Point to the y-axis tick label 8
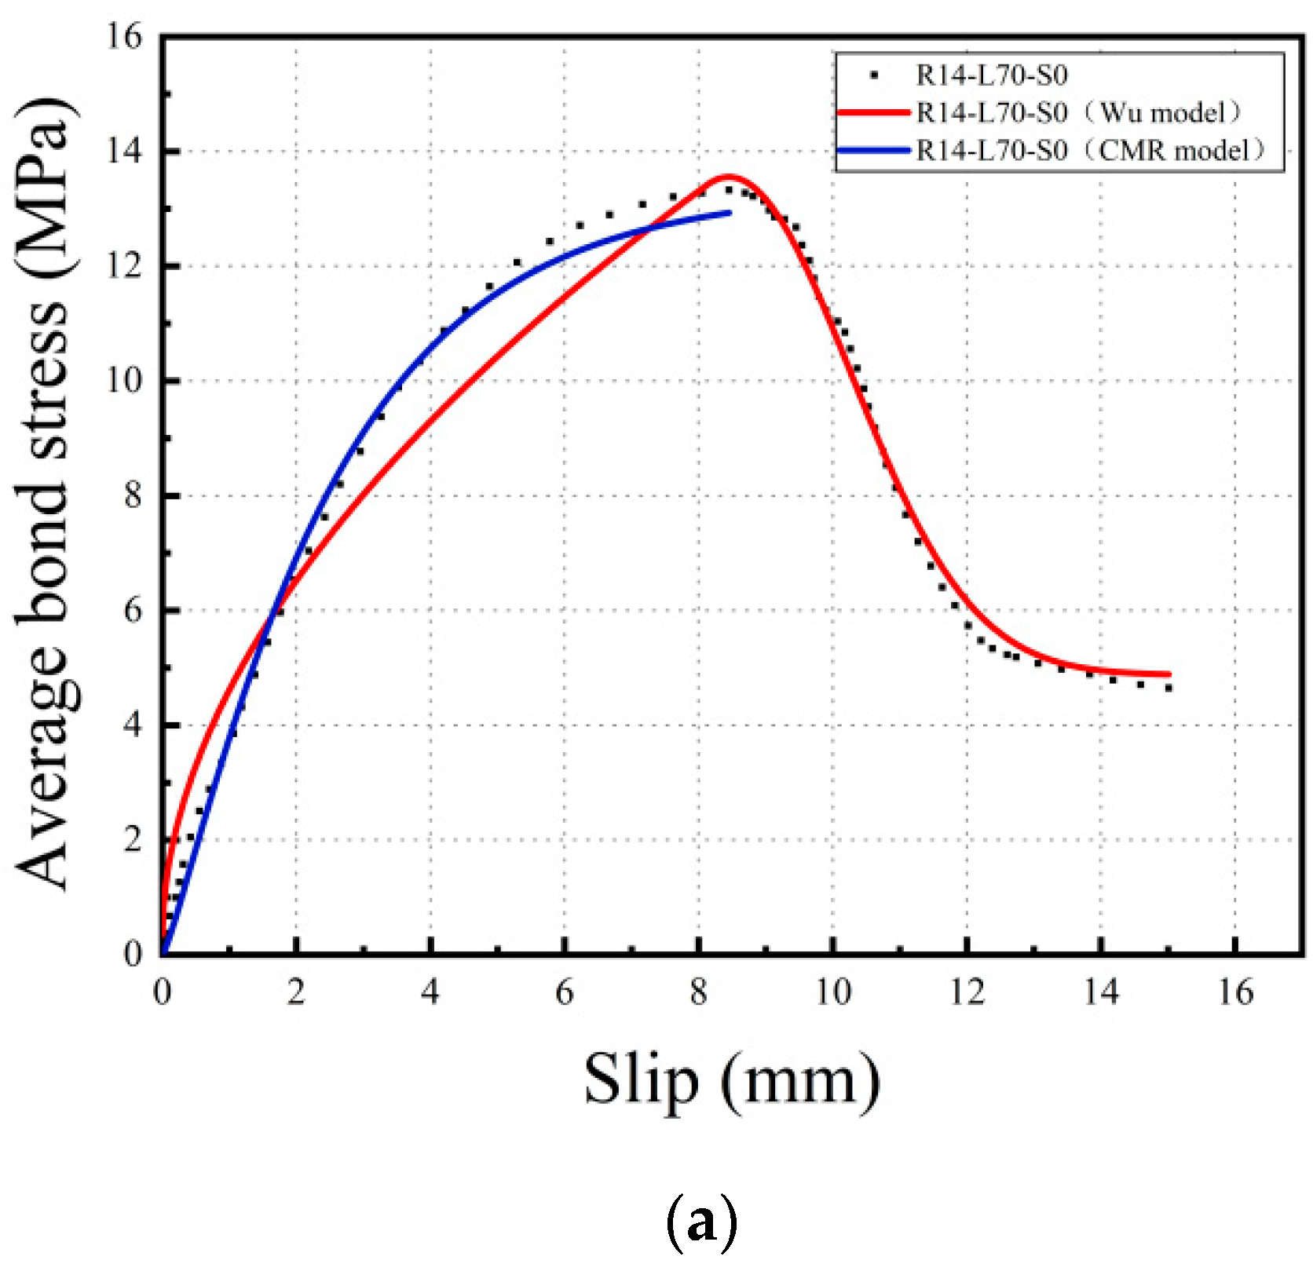tap(133, 495)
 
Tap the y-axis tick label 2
tap(133, 839)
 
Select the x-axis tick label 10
tap(832, 993)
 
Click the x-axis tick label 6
tap(564, 993)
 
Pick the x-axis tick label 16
tap(1235, 993)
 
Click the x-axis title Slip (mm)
tap(732, 1082)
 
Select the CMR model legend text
tap(1092, 150)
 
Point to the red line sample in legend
tap(873, 113)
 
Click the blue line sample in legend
tap(873, 150)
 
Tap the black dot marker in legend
tap(873, 76)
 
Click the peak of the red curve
tap(728, 177)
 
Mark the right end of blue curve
tap(730, 212)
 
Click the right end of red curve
tap(1169, 674)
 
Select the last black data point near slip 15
tap(1169, 688)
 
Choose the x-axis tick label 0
tap(162, 993)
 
